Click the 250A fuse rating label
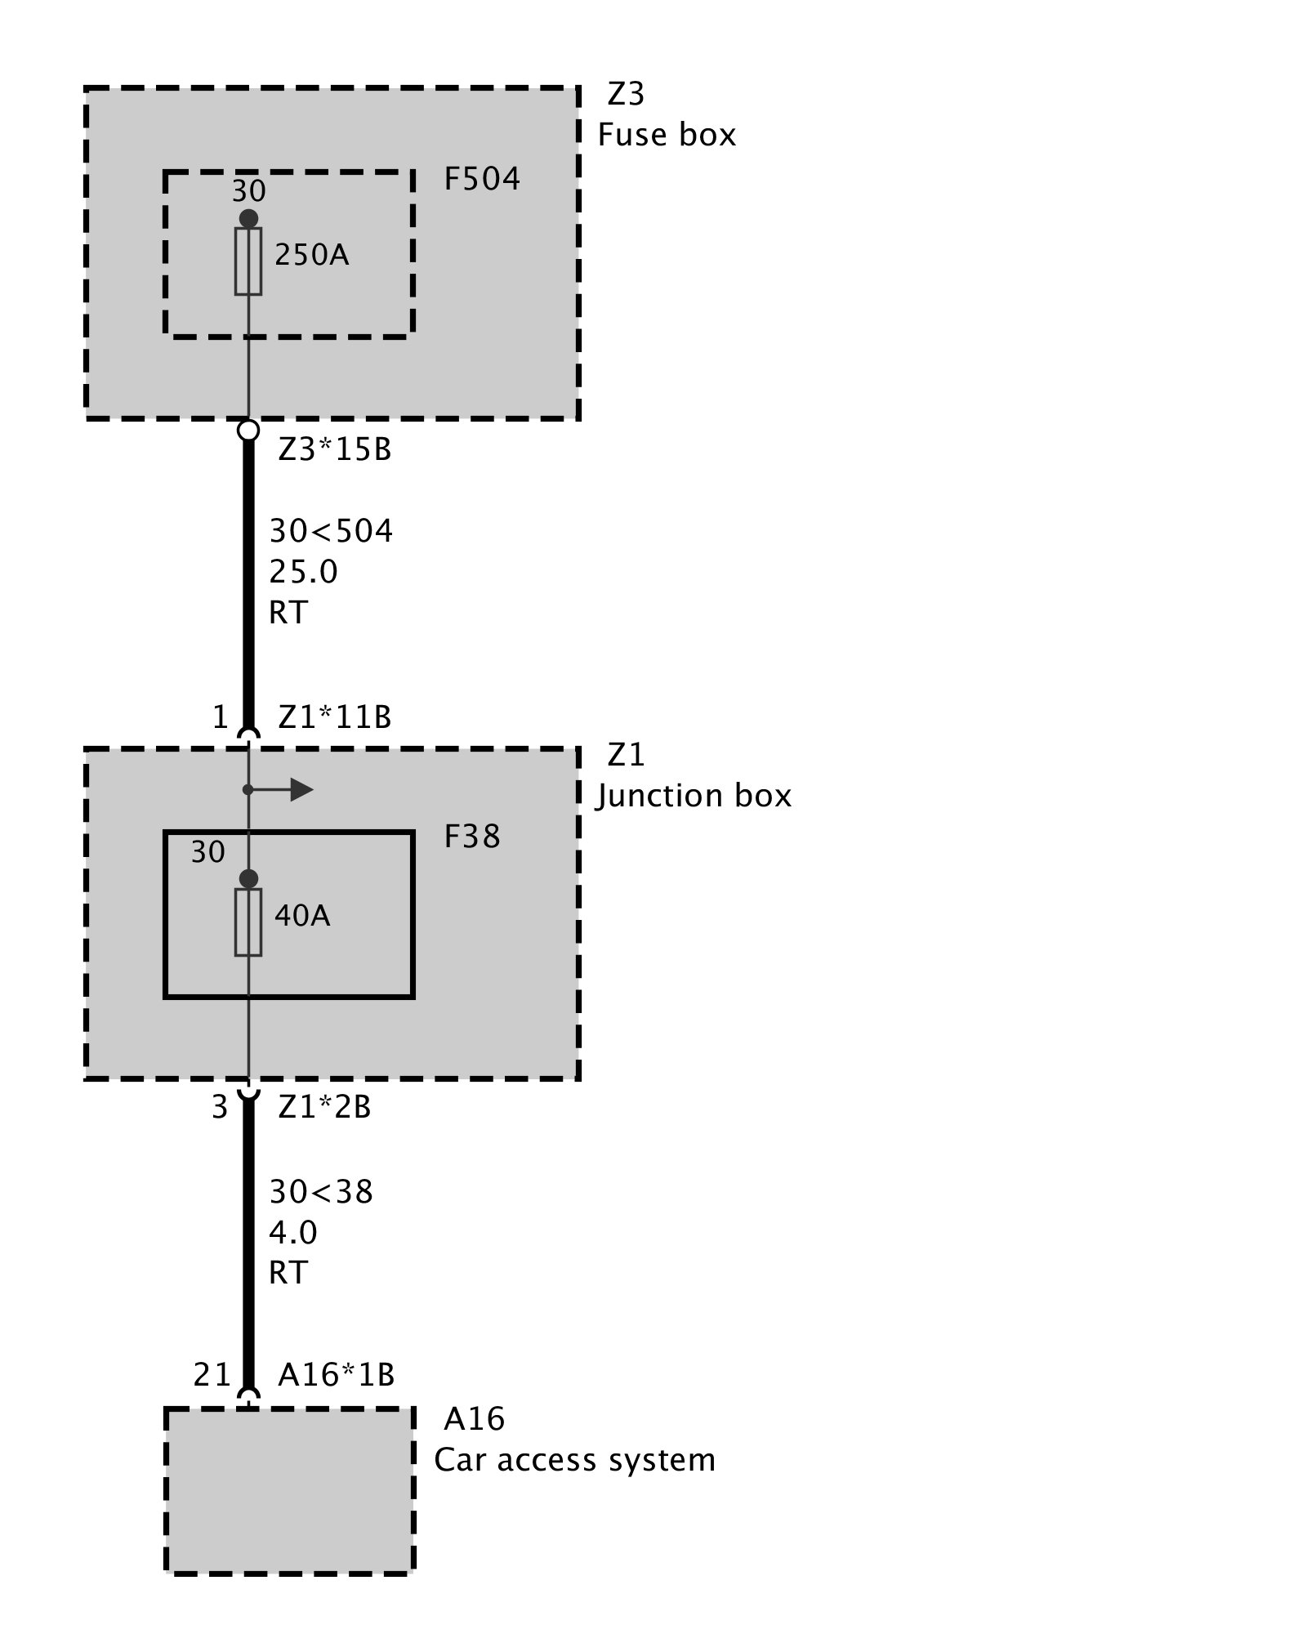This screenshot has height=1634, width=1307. click(x=311, y=256)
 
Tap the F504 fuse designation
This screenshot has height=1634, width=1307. click(x=482, y=179)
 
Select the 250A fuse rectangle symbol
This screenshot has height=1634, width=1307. click(x=248, y=261)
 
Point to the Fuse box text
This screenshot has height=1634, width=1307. click(x=667, y=135)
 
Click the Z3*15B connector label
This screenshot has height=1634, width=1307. click(x=335, y=449)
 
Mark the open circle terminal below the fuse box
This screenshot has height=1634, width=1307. click(x=248, y=430)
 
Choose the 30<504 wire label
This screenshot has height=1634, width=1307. click(x=332, y=532)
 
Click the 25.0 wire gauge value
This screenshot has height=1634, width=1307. click(x=303, y=572)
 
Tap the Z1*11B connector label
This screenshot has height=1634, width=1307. click(x=335, y=717)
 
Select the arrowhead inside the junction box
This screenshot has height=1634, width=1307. click(x=301, y=790)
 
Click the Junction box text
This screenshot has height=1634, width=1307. click(x=694, y=796)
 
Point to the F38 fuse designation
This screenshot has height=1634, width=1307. click(x=472, y=837)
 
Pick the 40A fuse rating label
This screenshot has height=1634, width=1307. click(x=302, y=916)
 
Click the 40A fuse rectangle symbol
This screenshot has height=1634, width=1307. click(x=248, y=922)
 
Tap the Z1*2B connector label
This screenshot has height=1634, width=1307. click(x=324, y=1107)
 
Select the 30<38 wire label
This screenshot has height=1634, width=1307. click(x=321, y=1192)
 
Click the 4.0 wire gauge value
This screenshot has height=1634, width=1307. click(x=293, y=1232)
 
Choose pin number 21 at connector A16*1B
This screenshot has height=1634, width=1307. click(x=212, y=1375)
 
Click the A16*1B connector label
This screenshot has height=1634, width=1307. click(x=336, y=1375)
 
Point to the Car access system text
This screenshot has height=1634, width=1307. click(x=574, y=1460)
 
